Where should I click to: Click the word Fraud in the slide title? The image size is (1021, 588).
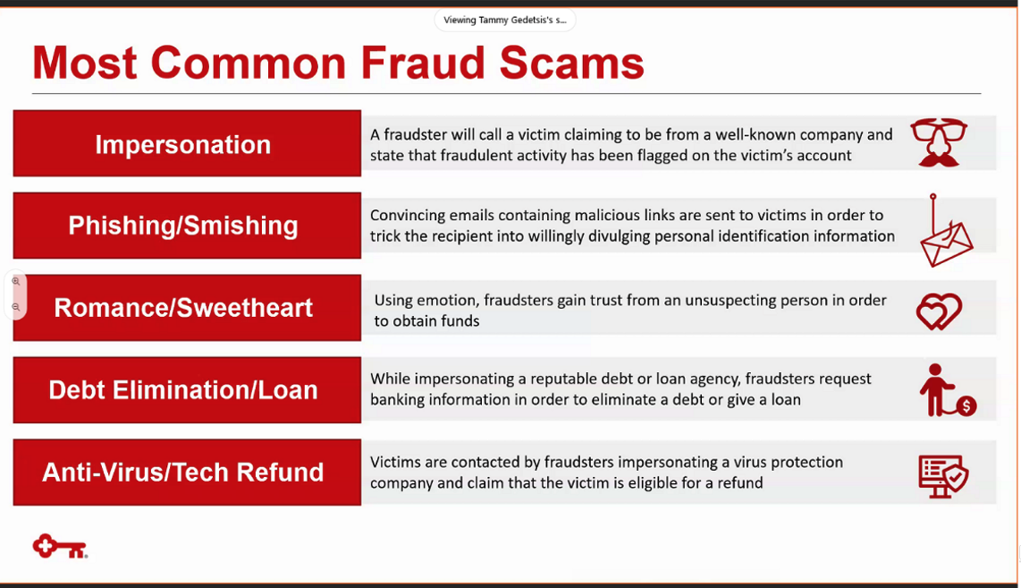423,64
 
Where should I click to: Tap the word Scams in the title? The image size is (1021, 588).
571,64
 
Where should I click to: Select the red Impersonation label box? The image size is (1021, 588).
187,143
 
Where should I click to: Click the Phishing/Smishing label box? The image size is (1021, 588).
187,226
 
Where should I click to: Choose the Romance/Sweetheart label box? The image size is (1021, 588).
187,308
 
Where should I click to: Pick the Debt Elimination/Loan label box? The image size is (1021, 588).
187,390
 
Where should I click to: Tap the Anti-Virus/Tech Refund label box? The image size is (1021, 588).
187,472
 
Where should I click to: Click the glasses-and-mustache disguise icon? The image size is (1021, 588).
939,142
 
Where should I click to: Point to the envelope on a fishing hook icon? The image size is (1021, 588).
946,231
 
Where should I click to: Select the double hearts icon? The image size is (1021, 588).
939,311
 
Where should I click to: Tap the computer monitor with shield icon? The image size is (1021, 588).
943,476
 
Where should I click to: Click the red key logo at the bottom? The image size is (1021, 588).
60,546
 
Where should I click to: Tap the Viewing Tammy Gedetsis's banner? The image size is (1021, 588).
504,20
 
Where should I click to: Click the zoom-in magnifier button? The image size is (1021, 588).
16,282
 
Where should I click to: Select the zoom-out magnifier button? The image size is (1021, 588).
16,307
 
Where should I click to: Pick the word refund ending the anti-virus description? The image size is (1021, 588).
738,482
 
